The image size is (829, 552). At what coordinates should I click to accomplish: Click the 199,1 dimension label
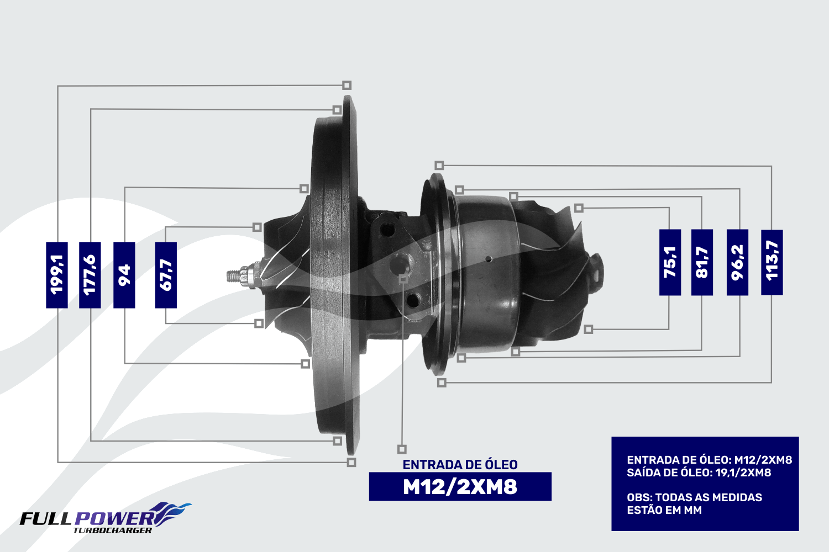pyautogui.click(x=56, y=275)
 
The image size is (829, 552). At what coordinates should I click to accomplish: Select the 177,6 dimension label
pyautogui.click(x=90, y=275)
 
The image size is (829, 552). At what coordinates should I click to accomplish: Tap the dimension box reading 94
pyautogui.click(x=124, y=275)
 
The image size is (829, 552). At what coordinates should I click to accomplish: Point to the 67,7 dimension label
pyautogui.click(x=166, y=275)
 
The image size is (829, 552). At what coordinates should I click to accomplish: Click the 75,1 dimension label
pyautogui.click(x=670, y=263)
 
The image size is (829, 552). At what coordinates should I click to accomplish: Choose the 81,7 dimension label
pyautogui.click(x=702, y=263)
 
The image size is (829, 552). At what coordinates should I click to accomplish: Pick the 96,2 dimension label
pyautogui.click(x=737, y=263)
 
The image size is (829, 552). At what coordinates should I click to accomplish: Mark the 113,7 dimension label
pyautogui.click(x=772, y=263)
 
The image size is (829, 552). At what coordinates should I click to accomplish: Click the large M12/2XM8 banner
pyautogui.click(x=460, y=486)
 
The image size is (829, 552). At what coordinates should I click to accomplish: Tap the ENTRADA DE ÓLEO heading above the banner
pyautogui.click(x=460, y=465)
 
